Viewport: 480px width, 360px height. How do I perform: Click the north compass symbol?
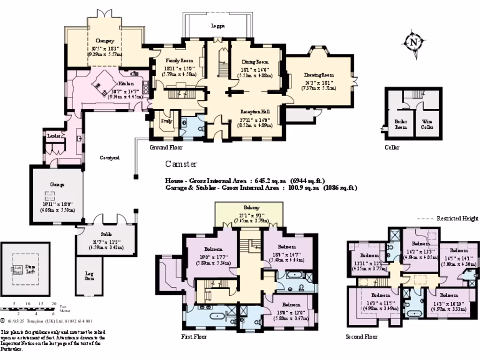[x=413, y=43]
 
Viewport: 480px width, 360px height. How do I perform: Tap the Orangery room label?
[x=105, y=41]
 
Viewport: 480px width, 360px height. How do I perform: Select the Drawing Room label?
[x=318, y=75]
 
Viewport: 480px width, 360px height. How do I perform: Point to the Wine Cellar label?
[x=427, y=124]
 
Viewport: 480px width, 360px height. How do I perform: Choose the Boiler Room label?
[x=400, y=124]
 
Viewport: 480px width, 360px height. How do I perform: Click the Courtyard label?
[x=110, y=158]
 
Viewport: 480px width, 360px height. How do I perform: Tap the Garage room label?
[x=57, y=185]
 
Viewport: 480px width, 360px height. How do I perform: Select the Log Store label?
[x=89, y=276]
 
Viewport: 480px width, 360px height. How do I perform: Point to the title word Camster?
[x=181, y=164]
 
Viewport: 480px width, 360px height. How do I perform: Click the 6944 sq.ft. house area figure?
[x=307, y=180]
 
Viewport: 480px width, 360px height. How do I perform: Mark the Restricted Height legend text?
[x=457, y=218]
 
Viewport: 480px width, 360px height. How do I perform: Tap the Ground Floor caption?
[x=166, y=147]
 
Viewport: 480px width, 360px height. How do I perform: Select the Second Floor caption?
[x=361, y=337]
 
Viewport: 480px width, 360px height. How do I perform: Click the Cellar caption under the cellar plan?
[x=392, y=147]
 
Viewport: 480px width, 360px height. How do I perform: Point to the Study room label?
[x=166, y=121]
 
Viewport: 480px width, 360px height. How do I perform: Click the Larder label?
[x=52, y=135]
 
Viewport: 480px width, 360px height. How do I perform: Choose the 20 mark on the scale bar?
[x=53, y=304]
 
